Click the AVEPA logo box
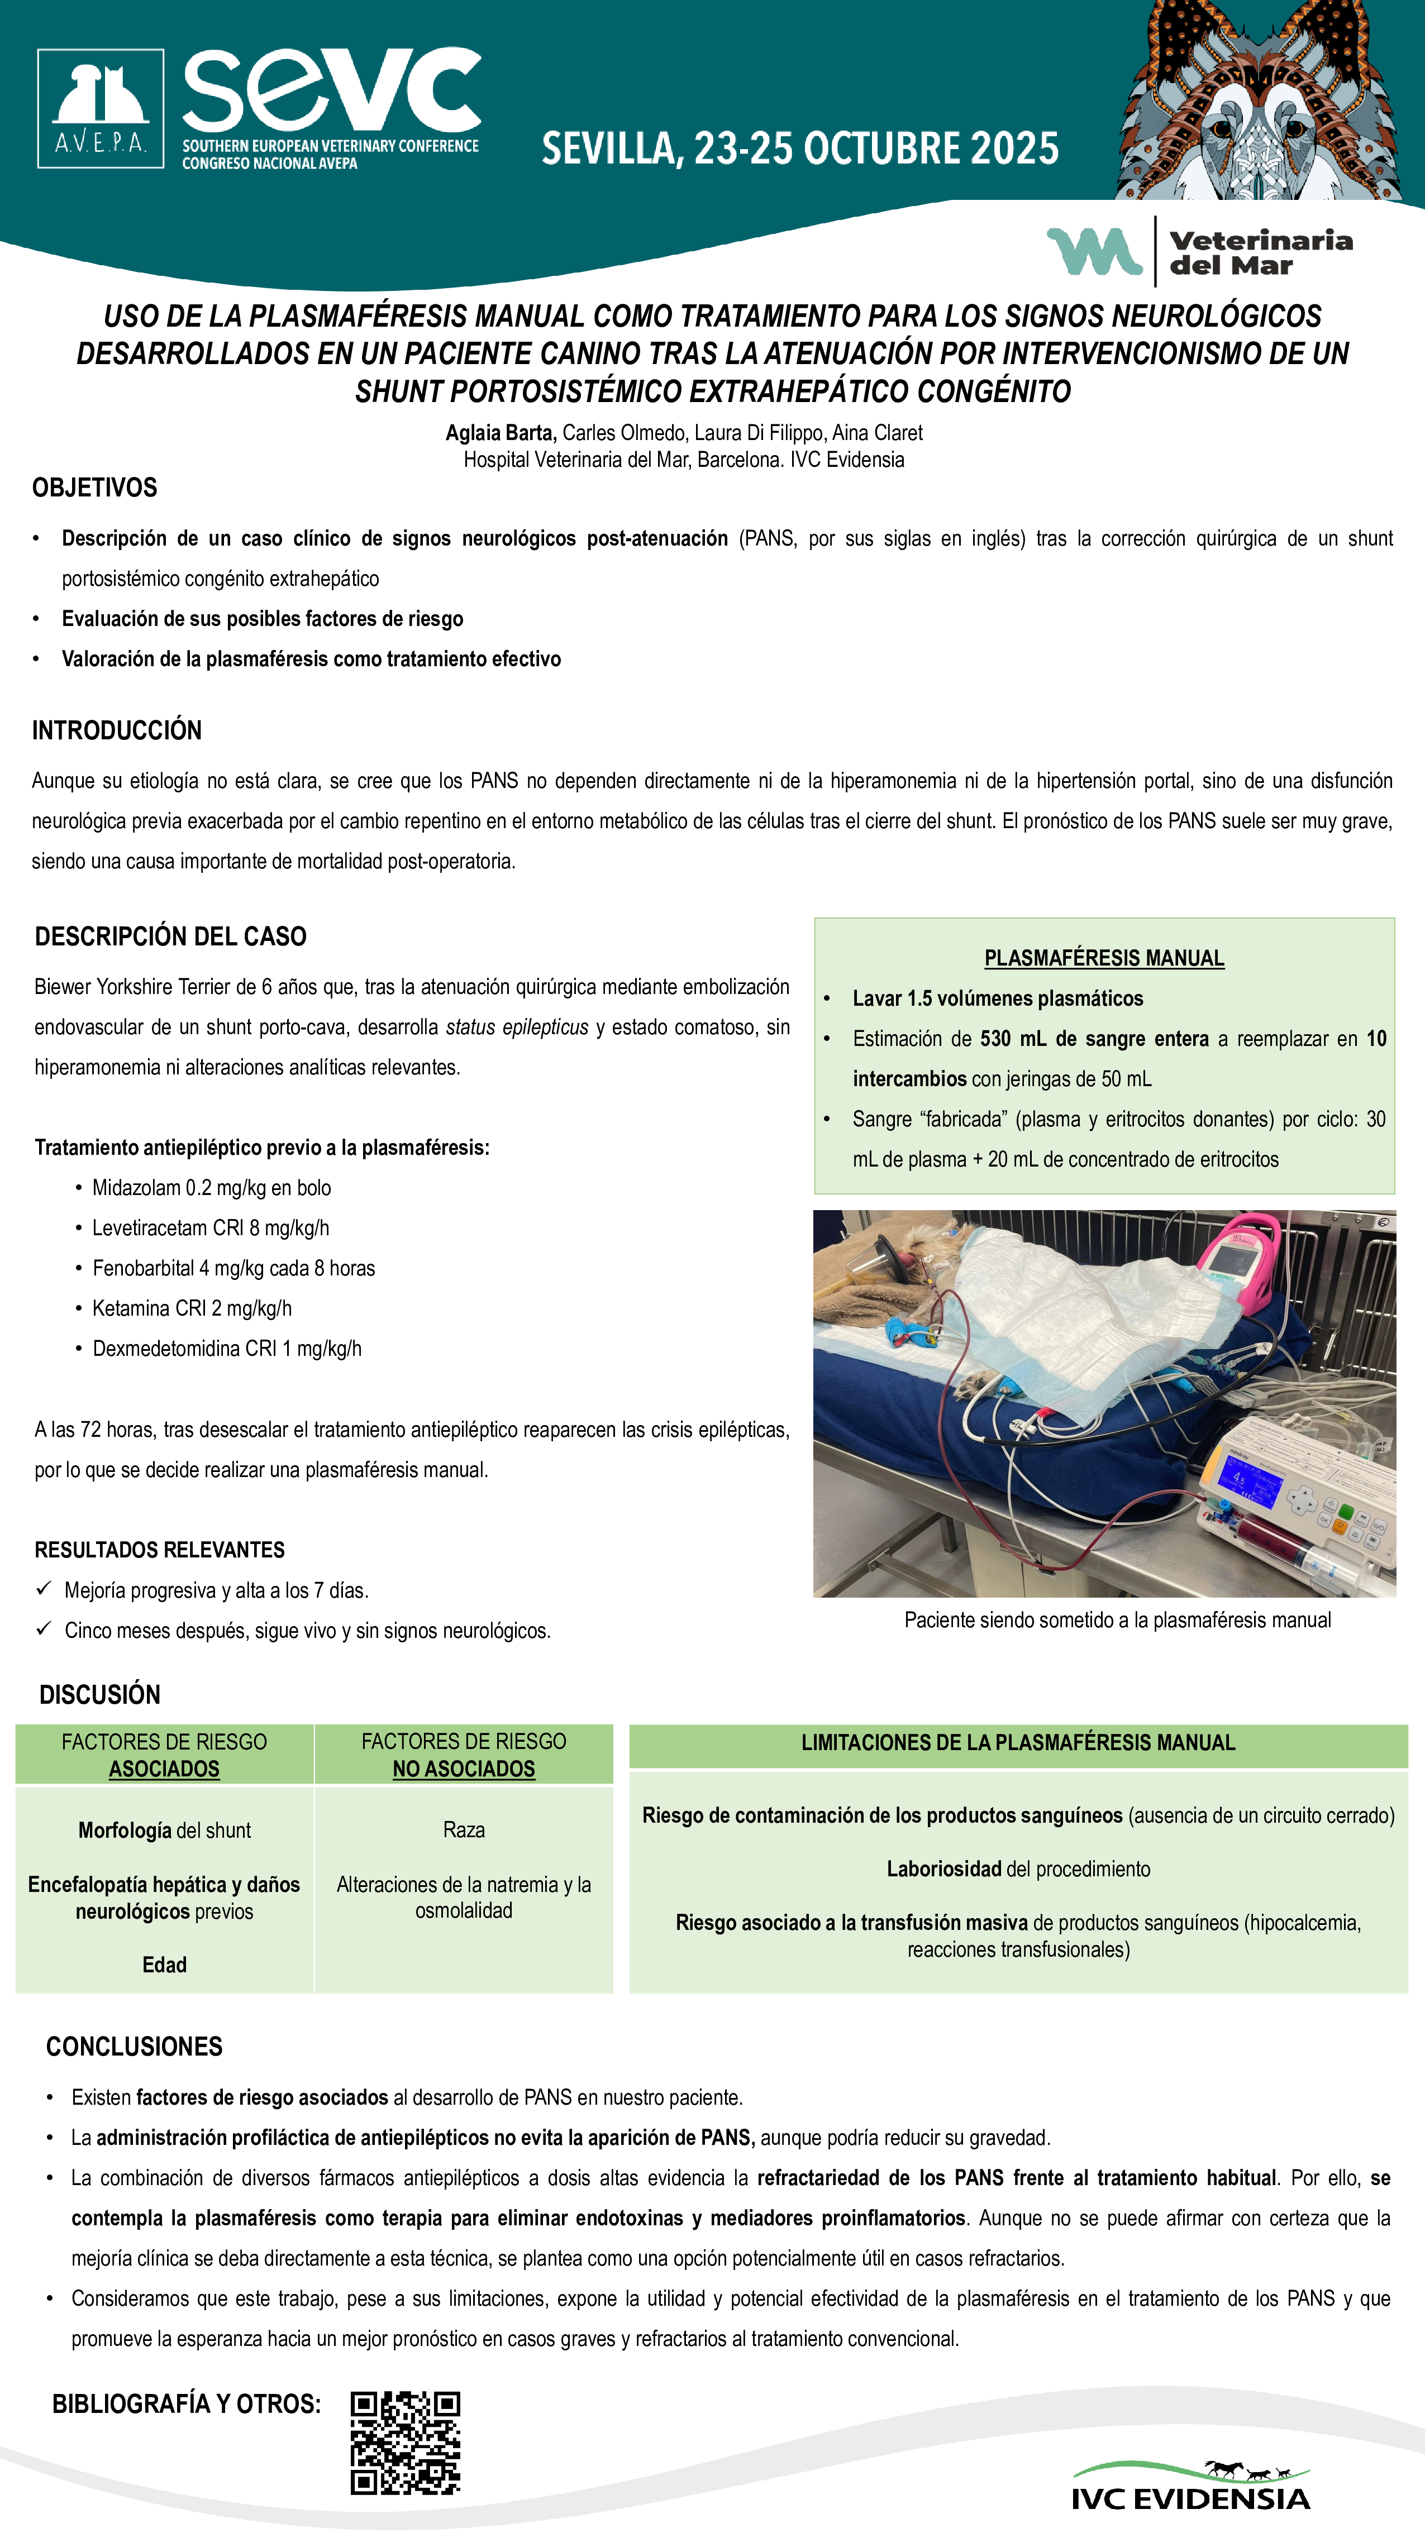[x=101, y=108]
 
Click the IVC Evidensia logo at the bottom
[x=1190, y=2486]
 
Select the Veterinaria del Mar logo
[x=1200, y=252]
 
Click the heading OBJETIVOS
[x=94, y=488]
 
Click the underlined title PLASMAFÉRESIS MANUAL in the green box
[x=1103, y=958]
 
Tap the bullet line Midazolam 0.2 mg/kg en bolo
[x=212, y=1188]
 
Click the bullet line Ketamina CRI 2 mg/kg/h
[x=192, y=1308]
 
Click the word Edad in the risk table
[x=164, y=1965]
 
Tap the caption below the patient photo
[x=1117, y=1621]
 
